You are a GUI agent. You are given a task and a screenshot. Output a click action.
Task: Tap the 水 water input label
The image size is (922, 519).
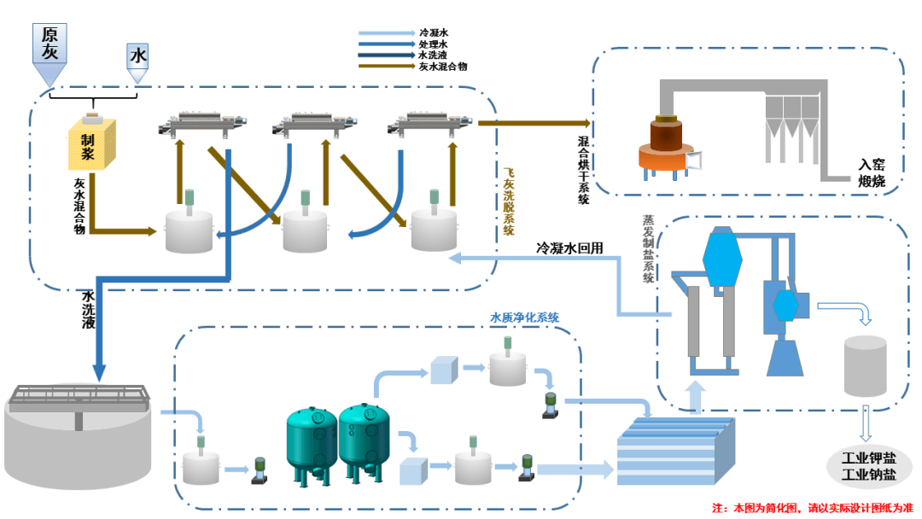137,56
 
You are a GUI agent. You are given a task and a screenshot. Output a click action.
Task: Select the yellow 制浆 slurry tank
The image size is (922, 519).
93,144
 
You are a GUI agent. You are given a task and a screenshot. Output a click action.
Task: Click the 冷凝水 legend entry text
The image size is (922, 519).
434,33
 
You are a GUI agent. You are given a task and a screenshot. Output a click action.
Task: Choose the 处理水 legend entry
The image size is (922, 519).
434,44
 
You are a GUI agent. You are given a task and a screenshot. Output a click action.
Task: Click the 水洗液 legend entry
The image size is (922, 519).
434,55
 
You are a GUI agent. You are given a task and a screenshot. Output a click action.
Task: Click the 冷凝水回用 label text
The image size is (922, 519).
569,248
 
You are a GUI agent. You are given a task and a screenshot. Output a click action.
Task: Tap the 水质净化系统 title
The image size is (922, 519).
524,318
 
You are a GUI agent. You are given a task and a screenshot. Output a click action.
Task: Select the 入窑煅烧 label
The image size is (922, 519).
872,172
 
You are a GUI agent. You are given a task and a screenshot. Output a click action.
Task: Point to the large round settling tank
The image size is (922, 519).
78,435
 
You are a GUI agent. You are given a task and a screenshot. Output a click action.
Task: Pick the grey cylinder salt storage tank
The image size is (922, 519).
864,364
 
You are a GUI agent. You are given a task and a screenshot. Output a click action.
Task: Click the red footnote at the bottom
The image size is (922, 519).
811,508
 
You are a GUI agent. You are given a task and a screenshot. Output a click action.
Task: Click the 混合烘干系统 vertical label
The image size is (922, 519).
584,169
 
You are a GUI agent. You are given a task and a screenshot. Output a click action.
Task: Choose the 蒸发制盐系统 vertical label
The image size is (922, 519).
648,248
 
